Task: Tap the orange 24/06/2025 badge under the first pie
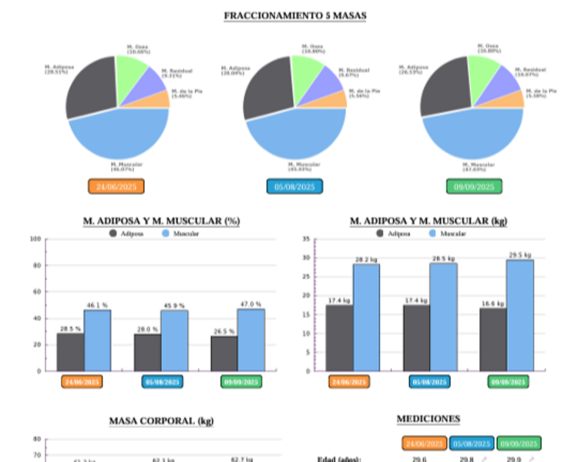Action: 116,186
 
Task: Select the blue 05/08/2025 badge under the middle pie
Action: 294,186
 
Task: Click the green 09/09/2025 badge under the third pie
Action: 474,186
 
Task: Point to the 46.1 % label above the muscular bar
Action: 97,306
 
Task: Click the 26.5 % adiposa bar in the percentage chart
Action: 224,353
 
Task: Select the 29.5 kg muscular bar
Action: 520,316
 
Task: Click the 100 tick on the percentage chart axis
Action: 35,239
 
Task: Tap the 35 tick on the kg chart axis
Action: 306,239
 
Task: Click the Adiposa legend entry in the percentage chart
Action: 128,233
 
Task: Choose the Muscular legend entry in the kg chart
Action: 448,233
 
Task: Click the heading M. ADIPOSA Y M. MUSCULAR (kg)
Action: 428,221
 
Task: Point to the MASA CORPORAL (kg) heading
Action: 161,420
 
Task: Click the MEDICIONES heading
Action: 428,419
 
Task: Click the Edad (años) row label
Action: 339,459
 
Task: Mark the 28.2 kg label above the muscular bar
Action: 366,259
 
